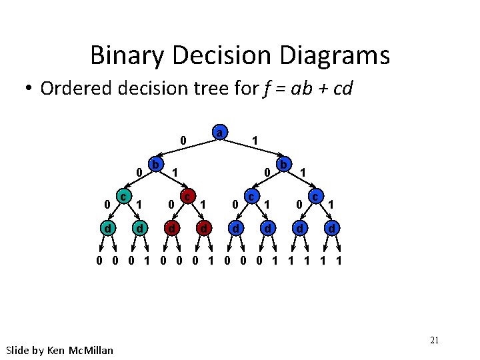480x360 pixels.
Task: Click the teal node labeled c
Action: pyautogui.click(x=123, y=197)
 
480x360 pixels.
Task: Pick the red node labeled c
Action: pyautogui.click(x=187, y=197)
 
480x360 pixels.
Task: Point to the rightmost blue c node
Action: pyautogui.click(x=316, y=197)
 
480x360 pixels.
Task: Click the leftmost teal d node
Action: pyautogui.click(x=107, y=229)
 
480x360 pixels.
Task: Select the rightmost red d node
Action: pyautogui.click(x=203, y=229)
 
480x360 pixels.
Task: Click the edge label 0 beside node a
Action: pyautogui.click(x=183, y=141)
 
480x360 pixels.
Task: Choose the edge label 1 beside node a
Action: pyautogui.click(x=255, y=141)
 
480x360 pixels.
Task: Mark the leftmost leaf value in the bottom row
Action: pyautogui.click(x=99, y=261)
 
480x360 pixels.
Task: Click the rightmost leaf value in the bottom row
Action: pyautogui.click(x=339, y=261)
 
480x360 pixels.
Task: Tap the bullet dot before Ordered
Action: pyautogui.click(x=29, y=89)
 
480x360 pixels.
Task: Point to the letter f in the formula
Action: pyautogui.click(x=266, y=89)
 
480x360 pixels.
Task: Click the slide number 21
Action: pyautogui.click(x=434, y=341)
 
